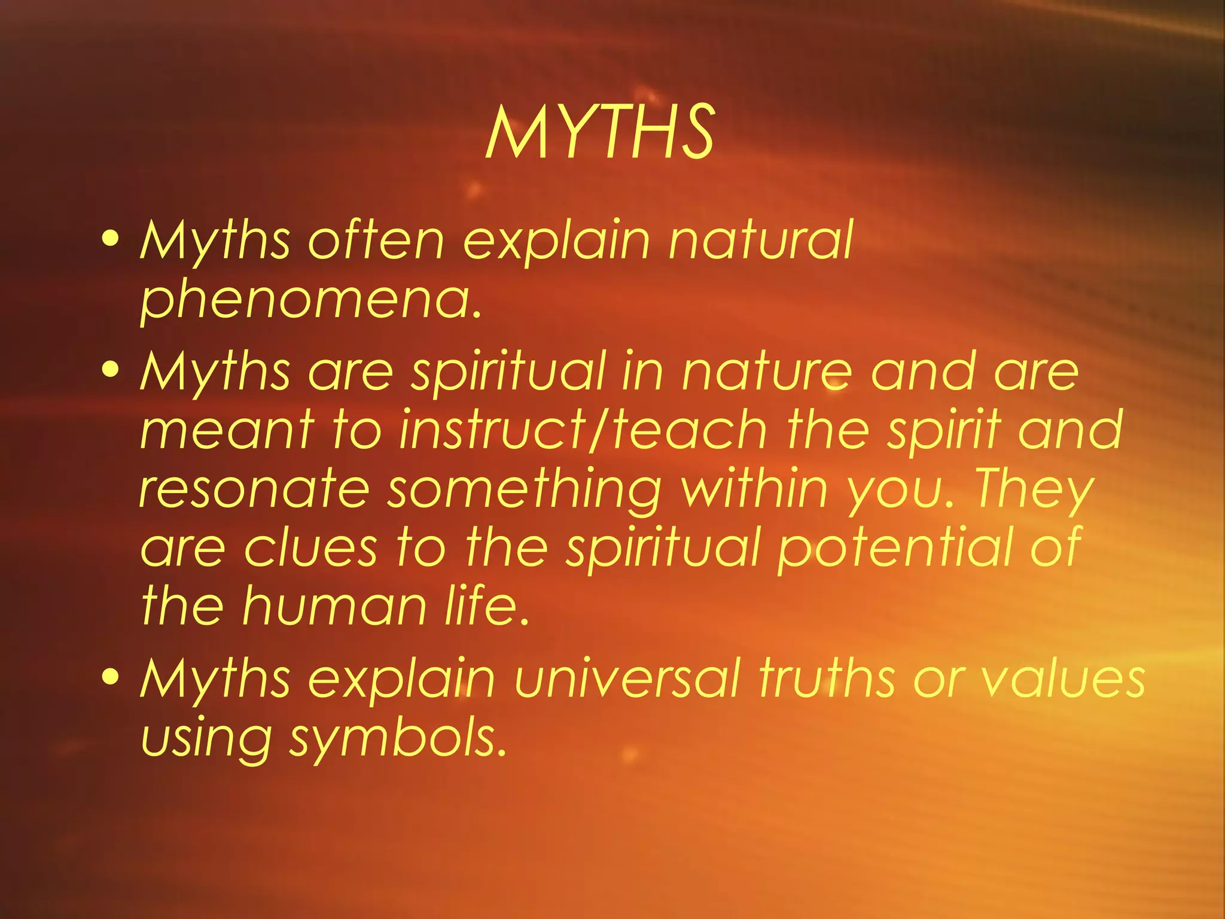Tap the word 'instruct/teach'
pyautogui.click(x=583, y=430)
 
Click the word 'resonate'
pyautogui.click(x=254, y=489)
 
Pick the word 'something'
pyautogui.click(x=524, y=489)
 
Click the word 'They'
pyautogui.click(x=1035, y=489)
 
